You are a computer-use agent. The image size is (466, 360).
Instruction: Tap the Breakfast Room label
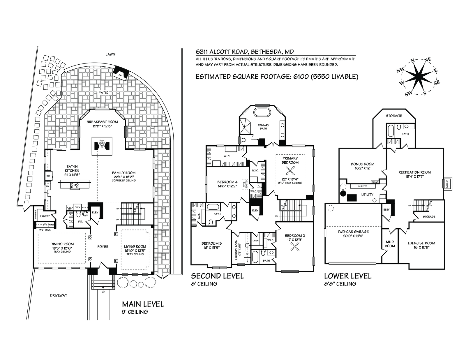click(x=102, y=122)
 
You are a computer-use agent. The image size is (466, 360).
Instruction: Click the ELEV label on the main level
click(x=95, y=212)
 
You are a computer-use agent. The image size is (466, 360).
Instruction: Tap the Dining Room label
click(x=62, y=244)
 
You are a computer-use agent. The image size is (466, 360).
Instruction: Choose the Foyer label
click(x=103, y=247)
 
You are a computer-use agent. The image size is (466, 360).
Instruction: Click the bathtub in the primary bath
click(x=263, y=113)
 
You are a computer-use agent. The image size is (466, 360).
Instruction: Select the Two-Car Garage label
click(x=353, y=232)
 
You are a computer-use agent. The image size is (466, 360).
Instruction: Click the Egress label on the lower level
click(x=447, y=183)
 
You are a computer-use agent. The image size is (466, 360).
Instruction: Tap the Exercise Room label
click(x=421, y=243)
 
